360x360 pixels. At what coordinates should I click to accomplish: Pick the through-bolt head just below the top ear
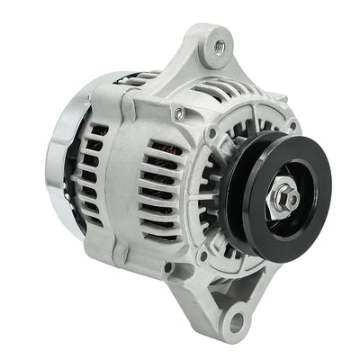pyautogui.click(x=179, y=113)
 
